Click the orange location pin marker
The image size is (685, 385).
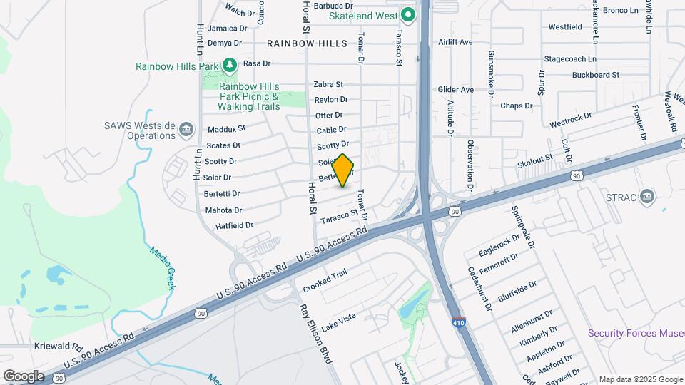343,170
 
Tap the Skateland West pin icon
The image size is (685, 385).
407,15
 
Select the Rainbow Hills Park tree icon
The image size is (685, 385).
229,66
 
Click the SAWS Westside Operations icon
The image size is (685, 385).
186,129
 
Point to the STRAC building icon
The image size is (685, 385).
646,196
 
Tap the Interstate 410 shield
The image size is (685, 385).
458,323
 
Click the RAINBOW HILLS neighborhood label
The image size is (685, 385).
307,43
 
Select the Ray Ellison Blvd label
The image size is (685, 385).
316,334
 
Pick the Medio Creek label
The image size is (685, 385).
162,267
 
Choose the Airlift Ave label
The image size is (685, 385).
455,42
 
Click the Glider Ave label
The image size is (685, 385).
455,90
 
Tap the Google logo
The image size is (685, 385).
24,376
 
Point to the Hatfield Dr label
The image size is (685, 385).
234,225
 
